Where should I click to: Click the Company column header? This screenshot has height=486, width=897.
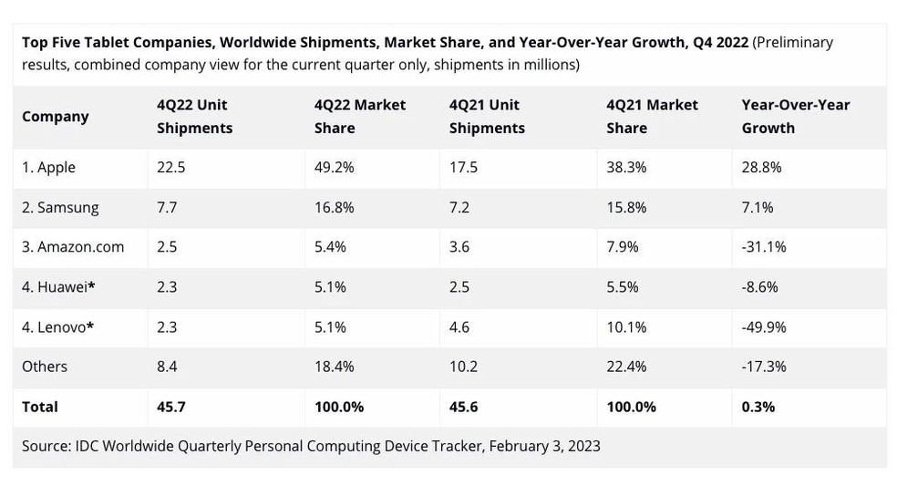tap(56, 117)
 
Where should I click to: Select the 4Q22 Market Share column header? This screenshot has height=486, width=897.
tap(360, 117)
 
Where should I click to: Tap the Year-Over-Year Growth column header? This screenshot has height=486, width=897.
tap(796, 117)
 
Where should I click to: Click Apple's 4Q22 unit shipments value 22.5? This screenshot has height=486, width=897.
tap(167, 168)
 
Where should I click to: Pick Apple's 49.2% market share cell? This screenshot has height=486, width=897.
tap(334, 168)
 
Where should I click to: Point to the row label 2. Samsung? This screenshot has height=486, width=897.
tap(60, 208)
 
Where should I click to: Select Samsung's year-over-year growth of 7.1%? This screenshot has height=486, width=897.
tap(758, 208)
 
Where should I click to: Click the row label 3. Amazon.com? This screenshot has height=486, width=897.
tap(73, 247)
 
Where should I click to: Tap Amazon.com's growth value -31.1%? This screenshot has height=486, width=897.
tap(764, 247)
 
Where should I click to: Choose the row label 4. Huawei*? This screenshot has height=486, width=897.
tap(59, 287)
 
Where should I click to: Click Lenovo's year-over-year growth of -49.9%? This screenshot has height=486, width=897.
tap(764, 327)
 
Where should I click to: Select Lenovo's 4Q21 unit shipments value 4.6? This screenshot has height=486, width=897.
tap(459, 327)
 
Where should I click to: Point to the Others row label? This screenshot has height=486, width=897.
tap(45, 367)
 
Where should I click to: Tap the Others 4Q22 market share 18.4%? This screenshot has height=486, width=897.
tap(334, 367)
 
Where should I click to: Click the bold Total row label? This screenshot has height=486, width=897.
tap(40, 407)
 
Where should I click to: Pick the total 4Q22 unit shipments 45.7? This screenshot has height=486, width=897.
tap(171, 407)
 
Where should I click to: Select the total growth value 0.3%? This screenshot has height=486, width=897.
tap(758, 407)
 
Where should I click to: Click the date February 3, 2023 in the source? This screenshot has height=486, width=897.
tap(544, 446)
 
